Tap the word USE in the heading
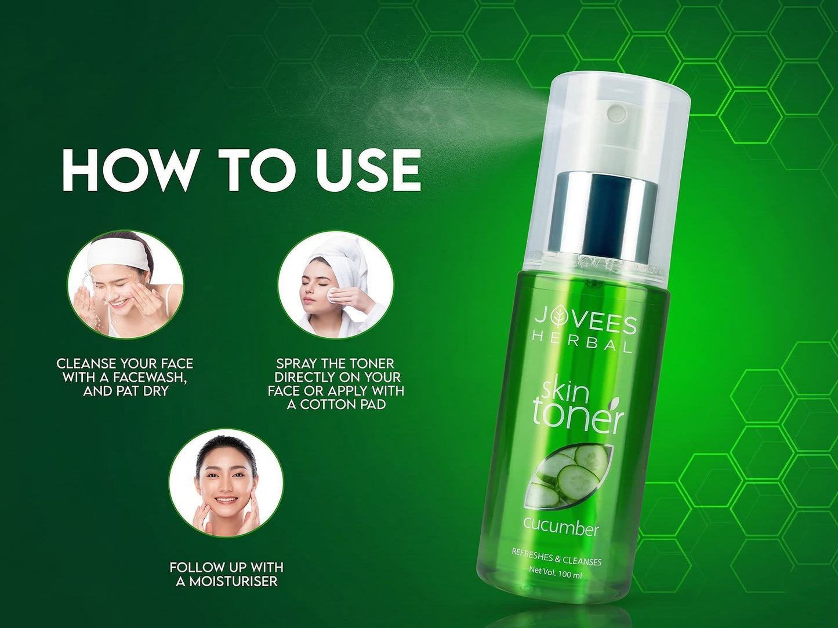368,170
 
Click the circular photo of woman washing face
125,284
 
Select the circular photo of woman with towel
335,284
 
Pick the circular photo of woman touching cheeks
226,483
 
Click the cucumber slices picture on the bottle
568,475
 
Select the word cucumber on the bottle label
561,527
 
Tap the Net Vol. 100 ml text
555,573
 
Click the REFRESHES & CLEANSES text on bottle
556,557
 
